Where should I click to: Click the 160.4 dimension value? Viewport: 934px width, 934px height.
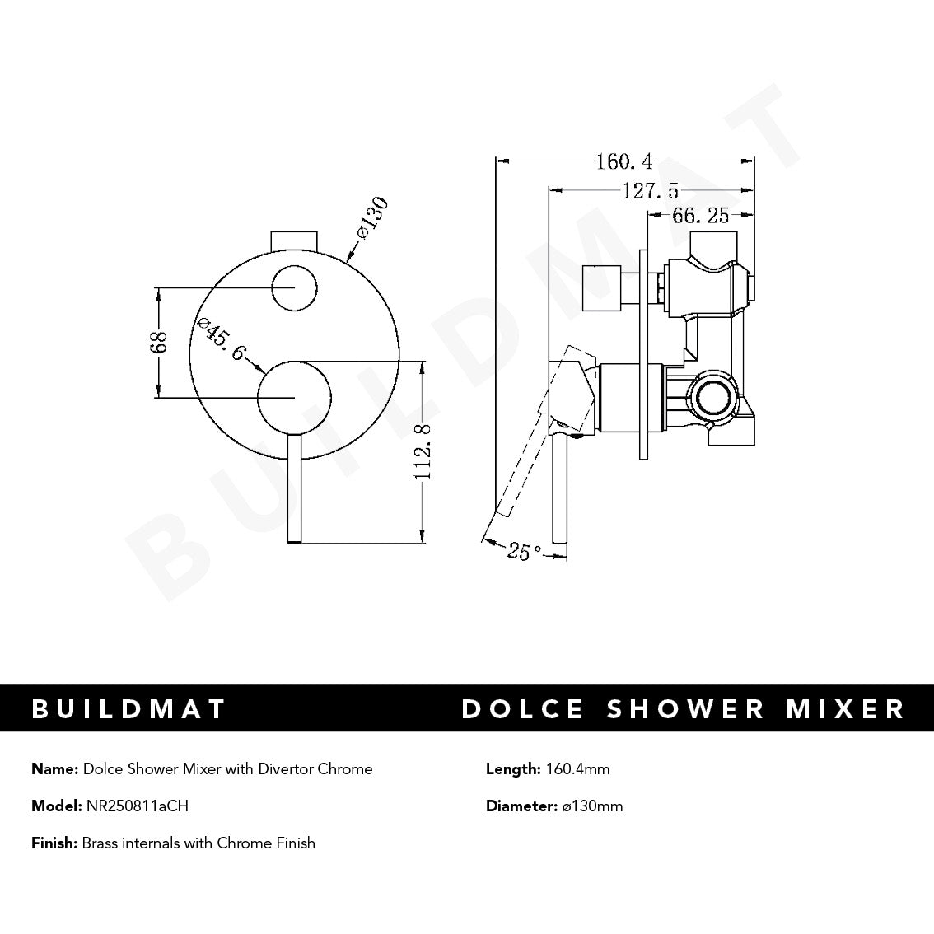pyautogui.click(x=624, y=161)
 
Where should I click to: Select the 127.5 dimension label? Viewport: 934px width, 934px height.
pyautogui.click(x=650, y=191)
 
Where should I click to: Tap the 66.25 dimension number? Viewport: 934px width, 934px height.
pyautogui.click(x=701, y=216)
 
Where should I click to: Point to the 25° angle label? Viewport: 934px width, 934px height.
pyautogui.click(x=524, y=552)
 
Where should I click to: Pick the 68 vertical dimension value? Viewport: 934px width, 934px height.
pyautogui.click(x=158, y=343)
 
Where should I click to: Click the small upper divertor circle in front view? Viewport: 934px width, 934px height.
pyautogui.click(x=295, y=288)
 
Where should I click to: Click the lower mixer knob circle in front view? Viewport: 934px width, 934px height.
pyautogui.click(x=294, y=397)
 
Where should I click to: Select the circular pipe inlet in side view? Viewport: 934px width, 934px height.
pyautogui.click(x=712, y=397)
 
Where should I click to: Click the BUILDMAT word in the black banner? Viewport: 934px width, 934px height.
pyautogui.click(x=128, y=708)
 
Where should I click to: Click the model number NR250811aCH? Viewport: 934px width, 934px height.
pyautogui.click(x=137, y=806)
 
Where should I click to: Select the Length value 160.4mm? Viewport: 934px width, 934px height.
pyautogui.click(x=577, y=769)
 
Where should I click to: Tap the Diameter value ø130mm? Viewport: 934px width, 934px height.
pyautogui.click(x=592, y=806)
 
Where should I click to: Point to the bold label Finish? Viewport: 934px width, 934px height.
pyautogui.click(x=54, y=843)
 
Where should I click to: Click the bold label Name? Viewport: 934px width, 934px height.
pyautogui.click(x=55, y=769)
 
